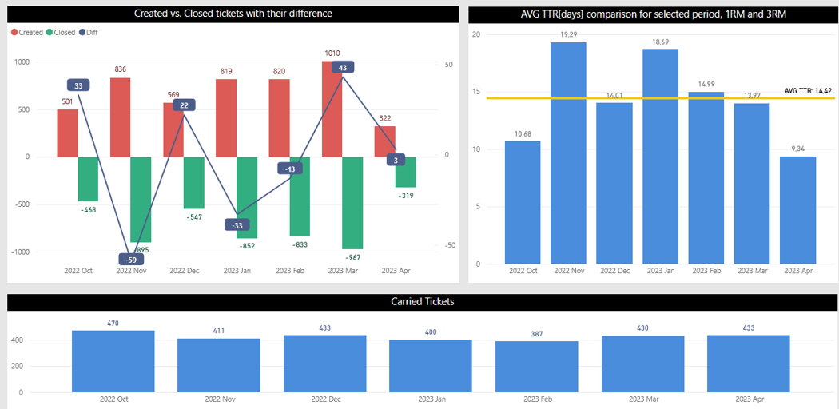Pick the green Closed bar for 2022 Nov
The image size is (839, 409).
(x=141, y=199)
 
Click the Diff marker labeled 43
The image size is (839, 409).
(x=342, y=69)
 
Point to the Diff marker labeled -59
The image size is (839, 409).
(x=130, y=260)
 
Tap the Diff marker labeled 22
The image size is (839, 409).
(x=184, y=105)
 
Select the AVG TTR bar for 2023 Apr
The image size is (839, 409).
(x=797, y=210)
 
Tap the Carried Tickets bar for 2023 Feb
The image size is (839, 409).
(x=536, y=367)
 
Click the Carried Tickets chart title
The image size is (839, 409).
(x=423, y=302)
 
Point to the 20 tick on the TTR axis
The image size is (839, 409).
(x=476, y=34)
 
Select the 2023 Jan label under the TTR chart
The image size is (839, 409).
(x=660, y=272)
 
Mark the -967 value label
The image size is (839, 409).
(x=352, y=257)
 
